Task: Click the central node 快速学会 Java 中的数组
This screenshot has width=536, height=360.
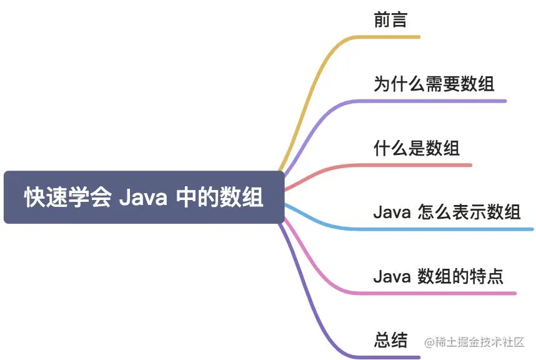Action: coord(144,197)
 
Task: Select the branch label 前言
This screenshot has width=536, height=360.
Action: coord(390,21)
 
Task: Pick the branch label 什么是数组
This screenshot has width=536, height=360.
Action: coord(416,148)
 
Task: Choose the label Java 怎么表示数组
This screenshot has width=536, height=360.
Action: coord(447,212)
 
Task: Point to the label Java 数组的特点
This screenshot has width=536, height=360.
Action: coord(438,276)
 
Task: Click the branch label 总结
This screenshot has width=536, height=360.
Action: coord(390,341)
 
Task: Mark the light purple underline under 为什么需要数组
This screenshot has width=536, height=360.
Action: coord(437,101)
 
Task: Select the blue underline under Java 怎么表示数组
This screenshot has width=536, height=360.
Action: coord(450,229)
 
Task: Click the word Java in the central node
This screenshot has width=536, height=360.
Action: coord(142,198)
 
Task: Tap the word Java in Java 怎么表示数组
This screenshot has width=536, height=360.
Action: coord(391,212)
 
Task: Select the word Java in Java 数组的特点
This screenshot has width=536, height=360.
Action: coord(391,276)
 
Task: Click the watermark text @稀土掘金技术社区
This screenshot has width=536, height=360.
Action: coord(474,342)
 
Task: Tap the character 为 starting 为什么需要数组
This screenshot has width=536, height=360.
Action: coord(381,84)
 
